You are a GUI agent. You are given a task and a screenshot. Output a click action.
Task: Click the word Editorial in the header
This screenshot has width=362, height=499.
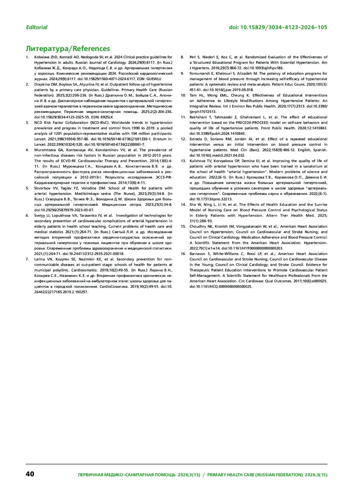click(x=37, y=27)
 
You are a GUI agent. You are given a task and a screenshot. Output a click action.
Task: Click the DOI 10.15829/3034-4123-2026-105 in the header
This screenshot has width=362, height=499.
click(x=278, y=27)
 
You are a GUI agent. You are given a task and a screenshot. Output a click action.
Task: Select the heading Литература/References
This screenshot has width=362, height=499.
click(x=68, y=49)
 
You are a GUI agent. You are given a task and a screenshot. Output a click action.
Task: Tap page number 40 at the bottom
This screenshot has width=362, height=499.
click(x=30, y=474)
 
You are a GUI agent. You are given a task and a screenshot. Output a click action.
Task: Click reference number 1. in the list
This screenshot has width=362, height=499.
click(x=27, y=57)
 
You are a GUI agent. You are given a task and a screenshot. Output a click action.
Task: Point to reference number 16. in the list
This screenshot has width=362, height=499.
click(x=183, y=254)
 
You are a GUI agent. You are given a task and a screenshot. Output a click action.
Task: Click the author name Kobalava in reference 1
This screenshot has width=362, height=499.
click(x=42, y=57)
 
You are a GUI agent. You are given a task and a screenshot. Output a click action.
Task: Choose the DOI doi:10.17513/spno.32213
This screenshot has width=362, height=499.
click(x=211, y=199)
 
